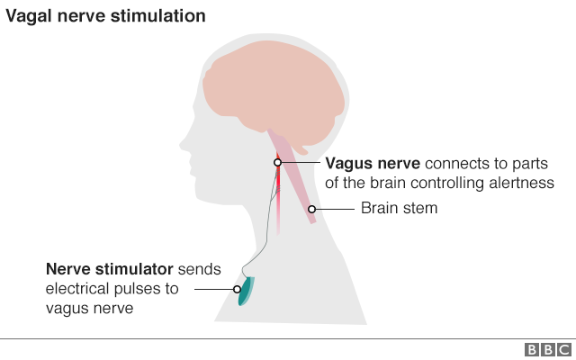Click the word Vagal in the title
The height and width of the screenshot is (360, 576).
pos(31,16)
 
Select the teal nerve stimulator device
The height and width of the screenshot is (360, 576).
pos(246,290)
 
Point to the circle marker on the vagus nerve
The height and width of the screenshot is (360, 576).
pos(278,163)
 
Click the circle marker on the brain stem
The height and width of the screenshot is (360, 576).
pos(312,209)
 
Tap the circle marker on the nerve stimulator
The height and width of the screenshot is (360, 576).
pos(238,290)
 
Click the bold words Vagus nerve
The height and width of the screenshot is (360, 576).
pos(372,164)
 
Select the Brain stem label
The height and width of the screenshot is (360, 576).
pos(399,209)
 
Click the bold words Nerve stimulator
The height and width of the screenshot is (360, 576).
pos(110,269)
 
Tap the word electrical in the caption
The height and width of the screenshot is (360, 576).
pos(78,289)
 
